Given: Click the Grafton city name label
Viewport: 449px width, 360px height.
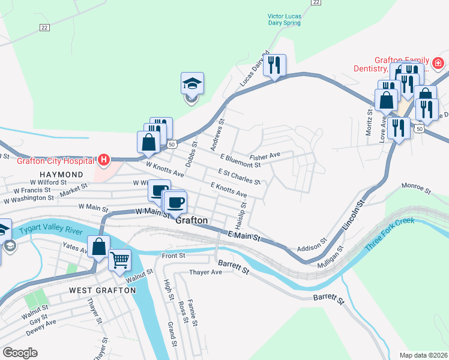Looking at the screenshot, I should [x=191, y=221].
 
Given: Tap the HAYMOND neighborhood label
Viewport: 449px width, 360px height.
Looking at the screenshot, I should [x=62, y=174].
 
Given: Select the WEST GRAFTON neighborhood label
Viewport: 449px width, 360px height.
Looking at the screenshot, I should [x=102, y=290].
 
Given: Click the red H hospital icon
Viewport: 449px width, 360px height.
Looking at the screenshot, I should [x=104, y=160].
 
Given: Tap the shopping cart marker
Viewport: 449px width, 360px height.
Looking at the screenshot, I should [x=120, y=260].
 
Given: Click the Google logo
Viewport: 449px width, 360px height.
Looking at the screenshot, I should [x=20, y=353].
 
